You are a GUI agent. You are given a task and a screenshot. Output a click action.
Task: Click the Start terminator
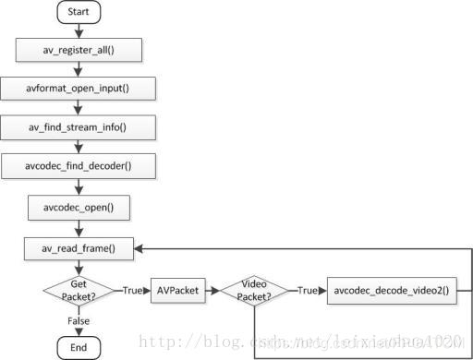(79, 14)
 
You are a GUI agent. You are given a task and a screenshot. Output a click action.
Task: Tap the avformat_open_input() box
(79, 89)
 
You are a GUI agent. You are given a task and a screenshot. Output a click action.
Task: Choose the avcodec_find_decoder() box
(79, 166)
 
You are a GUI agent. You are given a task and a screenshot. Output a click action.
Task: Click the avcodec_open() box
(79, 207)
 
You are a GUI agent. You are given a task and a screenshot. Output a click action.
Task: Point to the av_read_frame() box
(79, 247)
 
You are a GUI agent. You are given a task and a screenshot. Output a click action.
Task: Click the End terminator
(79, 346)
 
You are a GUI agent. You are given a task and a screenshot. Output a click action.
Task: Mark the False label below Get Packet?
(79, 319)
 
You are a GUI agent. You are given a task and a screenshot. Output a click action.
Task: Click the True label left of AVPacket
(132, 290)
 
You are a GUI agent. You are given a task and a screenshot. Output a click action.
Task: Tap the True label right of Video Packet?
(308, 290)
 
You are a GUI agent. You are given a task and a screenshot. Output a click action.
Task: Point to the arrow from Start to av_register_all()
(79, 30)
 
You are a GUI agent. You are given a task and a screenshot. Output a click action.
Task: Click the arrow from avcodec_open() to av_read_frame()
(79, 227)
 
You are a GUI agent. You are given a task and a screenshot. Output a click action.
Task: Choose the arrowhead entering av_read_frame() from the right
(141, 247)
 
